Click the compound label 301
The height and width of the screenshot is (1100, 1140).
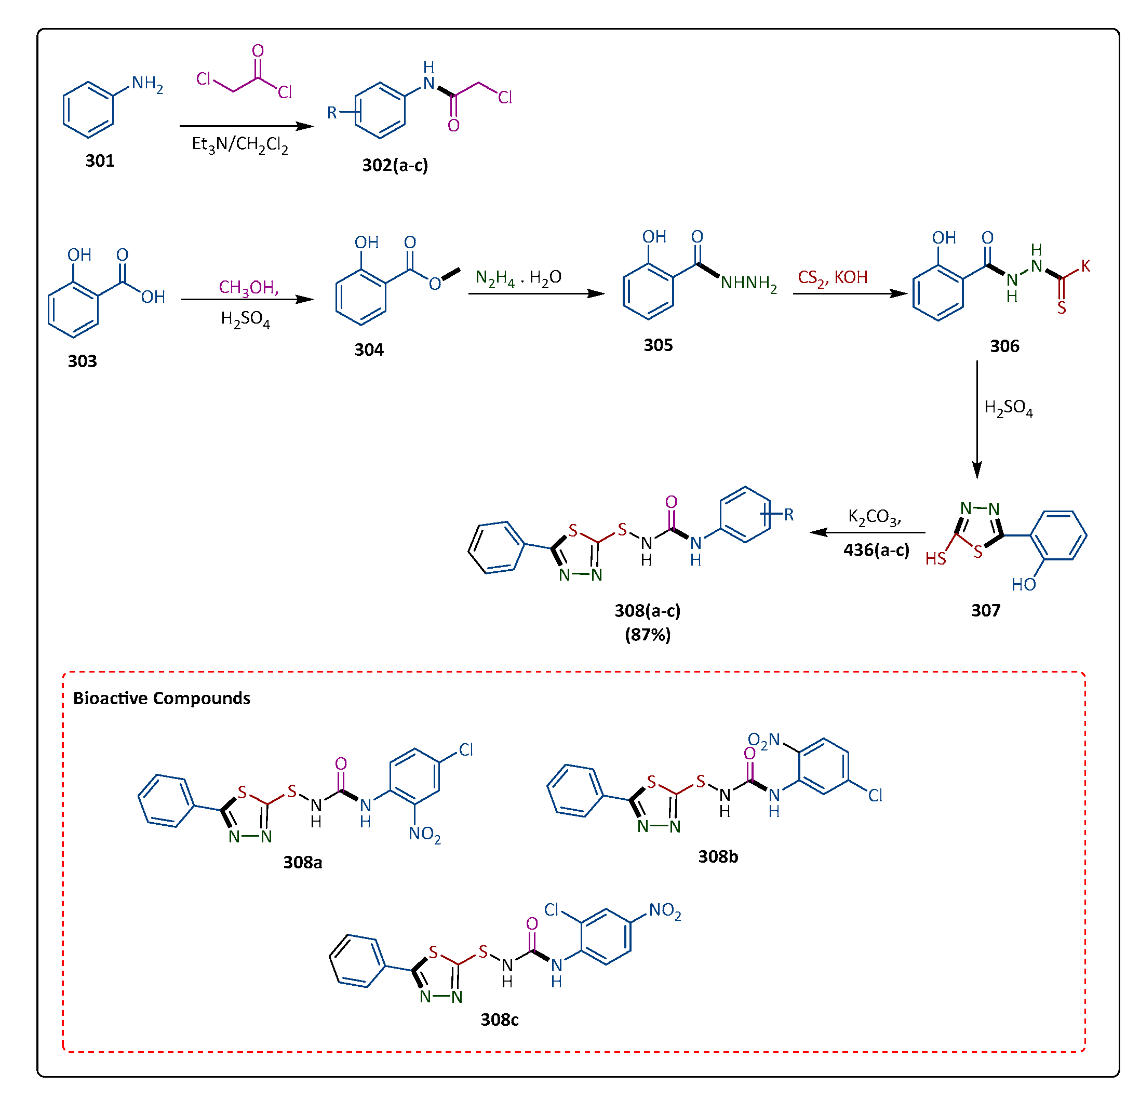click(x=100, y=160)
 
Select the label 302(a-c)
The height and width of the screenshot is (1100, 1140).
click(x=395, y=165)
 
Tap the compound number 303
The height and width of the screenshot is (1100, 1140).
click(x=82, y=361)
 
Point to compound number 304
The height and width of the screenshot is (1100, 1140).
click(x=369, y=350)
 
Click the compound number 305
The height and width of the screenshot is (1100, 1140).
click(x=658, y=345)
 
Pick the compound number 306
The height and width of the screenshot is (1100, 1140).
click(x=1004, y=346)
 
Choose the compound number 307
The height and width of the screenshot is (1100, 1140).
click(x=986, y=610)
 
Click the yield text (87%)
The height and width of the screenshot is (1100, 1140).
click(x=647, y=634)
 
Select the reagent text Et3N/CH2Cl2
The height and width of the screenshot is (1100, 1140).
click(x=239, y=144)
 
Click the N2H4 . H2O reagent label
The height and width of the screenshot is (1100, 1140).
click(x=518, y=278)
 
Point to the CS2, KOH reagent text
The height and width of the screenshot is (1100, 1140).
click(x=833, y=277)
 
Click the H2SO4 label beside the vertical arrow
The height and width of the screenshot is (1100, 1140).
click(x=1008, y=408)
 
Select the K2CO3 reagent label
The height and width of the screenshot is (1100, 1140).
click(x=874, y=517)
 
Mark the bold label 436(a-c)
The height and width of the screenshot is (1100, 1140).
click(x=876, y=549)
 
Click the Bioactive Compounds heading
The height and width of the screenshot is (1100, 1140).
click(x=162, y=698)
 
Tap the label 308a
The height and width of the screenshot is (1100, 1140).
click(x=302, y=862)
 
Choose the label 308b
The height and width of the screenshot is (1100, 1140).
click(x=718, y=856)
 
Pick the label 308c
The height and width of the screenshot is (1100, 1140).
click(x=499, y=1019)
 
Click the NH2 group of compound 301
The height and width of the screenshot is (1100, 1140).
click(x=146, y=84)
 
